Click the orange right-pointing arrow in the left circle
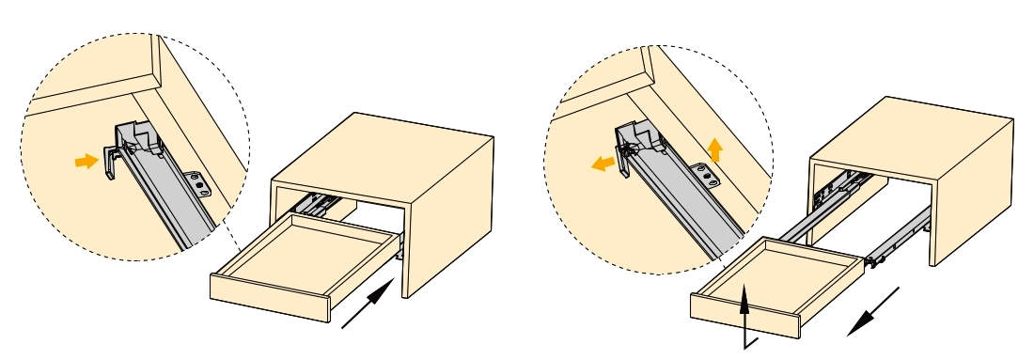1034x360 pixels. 86,162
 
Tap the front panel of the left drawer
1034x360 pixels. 268,299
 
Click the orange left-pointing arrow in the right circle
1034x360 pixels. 603,164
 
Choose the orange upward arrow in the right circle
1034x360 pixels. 715,149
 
